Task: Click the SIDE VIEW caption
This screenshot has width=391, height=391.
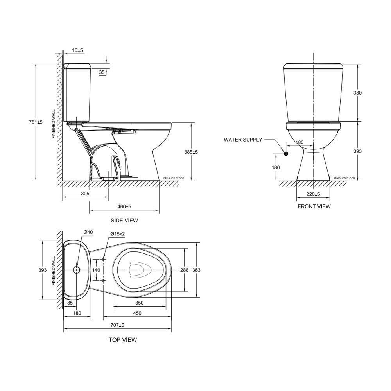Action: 124,221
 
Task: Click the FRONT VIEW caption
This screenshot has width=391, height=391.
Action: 314,206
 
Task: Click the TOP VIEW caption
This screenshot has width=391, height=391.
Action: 123,340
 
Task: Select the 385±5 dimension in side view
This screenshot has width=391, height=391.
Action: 191,152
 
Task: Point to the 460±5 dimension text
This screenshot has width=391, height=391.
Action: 124,206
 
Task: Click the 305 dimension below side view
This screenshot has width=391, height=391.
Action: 85,194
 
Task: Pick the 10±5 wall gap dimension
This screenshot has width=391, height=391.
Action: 78,51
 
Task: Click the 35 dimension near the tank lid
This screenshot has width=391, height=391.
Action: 102,72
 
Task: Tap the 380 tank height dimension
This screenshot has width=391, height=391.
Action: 358,93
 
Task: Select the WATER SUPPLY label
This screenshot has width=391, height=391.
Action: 243,140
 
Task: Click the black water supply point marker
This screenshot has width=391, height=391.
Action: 286,154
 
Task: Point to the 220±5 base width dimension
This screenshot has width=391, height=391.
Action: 313,194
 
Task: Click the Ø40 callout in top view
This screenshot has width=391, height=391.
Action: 88,232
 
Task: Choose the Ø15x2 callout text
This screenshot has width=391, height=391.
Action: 117,234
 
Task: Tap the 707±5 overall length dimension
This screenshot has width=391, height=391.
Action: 117,325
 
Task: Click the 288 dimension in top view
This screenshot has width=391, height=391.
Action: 184,270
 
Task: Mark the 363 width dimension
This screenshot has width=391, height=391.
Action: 196,270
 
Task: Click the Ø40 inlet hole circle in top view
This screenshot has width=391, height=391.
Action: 76,270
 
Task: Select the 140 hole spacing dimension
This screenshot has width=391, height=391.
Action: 96,270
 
